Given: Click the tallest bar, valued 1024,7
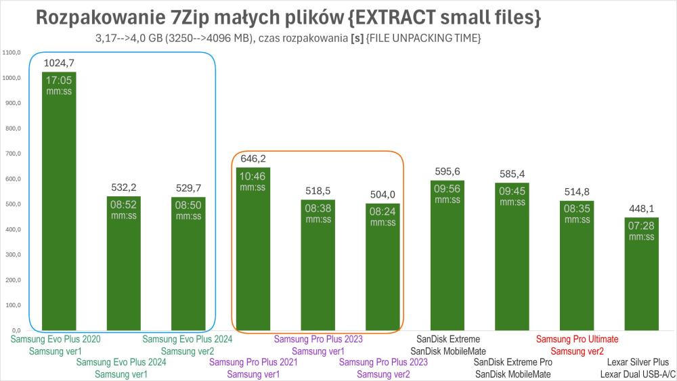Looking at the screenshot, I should point(59,203).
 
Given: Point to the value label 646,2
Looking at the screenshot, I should point(253,159).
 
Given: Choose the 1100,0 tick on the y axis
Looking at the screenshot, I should point(12,52).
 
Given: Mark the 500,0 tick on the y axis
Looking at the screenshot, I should point(12,204).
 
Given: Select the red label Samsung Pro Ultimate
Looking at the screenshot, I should point(577,338).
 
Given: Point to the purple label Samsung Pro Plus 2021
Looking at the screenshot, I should point(253,362).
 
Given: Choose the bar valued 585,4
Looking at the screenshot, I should point(512,257).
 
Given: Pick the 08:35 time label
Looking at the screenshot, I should point(577,209).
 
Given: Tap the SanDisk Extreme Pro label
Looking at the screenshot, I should point(512,362).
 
